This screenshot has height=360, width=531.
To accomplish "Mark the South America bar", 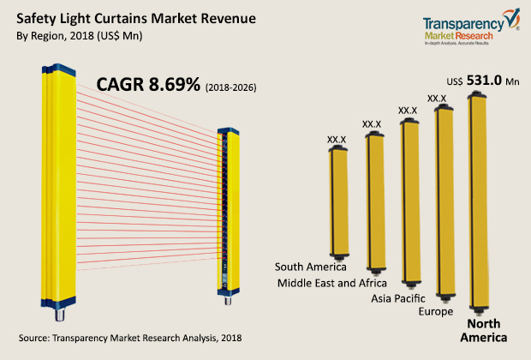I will [338, 201].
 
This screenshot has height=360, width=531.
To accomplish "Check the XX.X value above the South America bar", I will [337, 137].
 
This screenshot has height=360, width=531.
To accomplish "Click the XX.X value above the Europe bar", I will [437, 99].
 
